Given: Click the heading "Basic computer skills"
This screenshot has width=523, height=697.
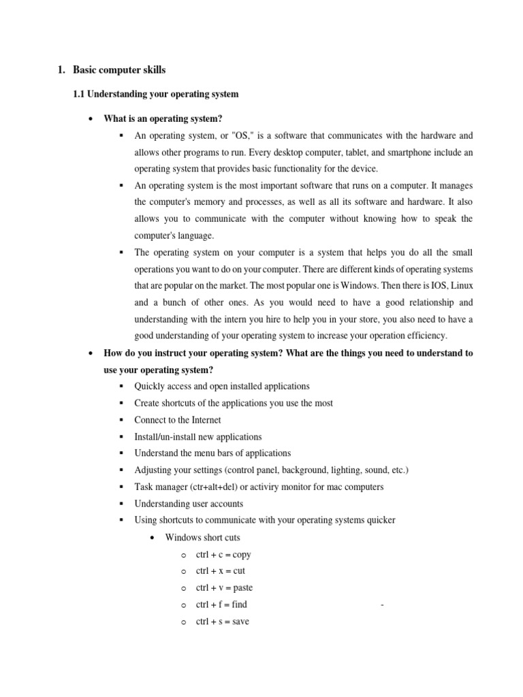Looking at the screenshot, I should (x=119, y=69).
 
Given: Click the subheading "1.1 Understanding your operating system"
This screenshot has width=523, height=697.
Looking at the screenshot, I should (x=155, y=94).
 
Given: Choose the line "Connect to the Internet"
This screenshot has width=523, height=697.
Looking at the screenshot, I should (x=178, y=420).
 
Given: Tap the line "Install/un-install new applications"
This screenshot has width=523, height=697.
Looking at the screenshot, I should (x=197, y=436).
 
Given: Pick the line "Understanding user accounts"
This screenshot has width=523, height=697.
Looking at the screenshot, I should (x=189, y=504).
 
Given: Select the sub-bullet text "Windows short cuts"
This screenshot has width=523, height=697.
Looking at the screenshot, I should (x=202, y=537).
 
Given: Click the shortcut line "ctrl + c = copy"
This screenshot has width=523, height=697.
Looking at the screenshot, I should (x=223, y=554).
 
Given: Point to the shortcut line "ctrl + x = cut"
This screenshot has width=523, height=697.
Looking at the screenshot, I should (x=220, y=570).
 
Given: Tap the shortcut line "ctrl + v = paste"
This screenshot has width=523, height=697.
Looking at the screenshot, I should (x=224, y=587).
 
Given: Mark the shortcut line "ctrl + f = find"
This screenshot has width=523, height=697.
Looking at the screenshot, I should (x=221, y=604).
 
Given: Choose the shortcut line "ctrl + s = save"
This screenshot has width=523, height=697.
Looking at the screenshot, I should (x=223, y=621).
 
